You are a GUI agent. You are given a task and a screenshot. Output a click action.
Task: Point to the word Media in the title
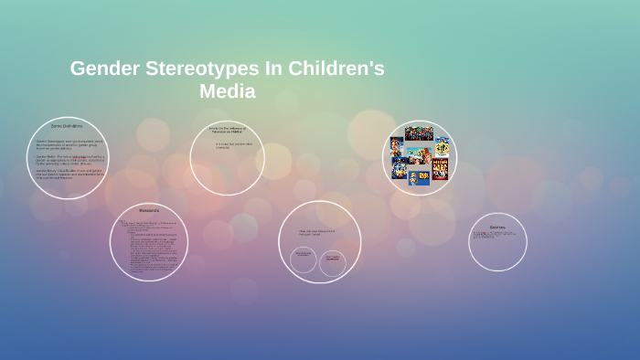[227, 91]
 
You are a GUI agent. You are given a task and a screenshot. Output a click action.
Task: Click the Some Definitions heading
[67, 126]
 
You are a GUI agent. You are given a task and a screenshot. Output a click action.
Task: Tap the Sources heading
[497, 227]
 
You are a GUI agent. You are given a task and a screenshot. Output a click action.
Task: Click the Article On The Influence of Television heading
[227, 130]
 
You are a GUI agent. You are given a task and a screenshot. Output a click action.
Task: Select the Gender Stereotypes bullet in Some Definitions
[69, 143]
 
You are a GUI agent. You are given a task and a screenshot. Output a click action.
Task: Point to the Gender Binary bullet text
[69, 174]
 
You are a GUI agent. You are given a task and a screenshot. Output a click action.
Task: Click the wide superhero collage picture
[419, 134]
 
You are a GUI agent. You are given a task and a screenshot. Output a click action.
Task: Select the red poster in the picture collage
[440, 169]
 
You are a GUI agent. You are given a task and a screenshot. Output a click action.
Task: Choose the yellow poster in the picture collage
[442, 146]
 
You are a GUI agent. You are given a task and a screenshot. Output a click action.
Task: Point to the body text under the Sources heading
[496, 236]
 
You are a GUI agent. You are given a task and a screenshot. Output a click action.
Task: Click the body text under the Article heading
[228, 145]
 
